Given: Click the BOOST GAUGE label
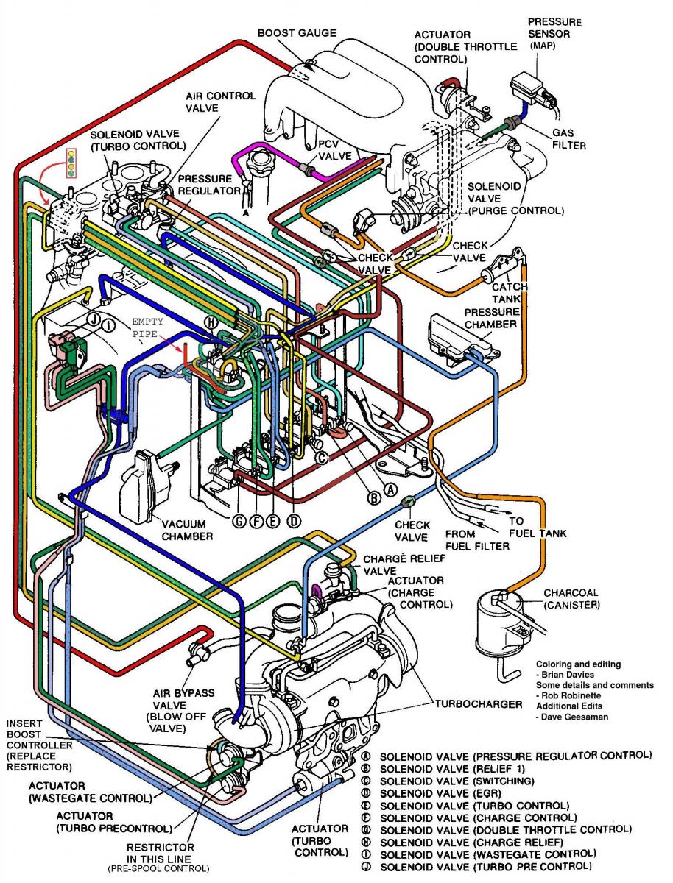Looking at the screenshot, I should tap(296, 33).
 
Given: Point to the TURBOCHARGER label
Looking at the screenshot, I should tap(479, 703).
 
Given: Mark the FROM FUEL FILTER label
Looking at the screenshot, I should tap(476, 540).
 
